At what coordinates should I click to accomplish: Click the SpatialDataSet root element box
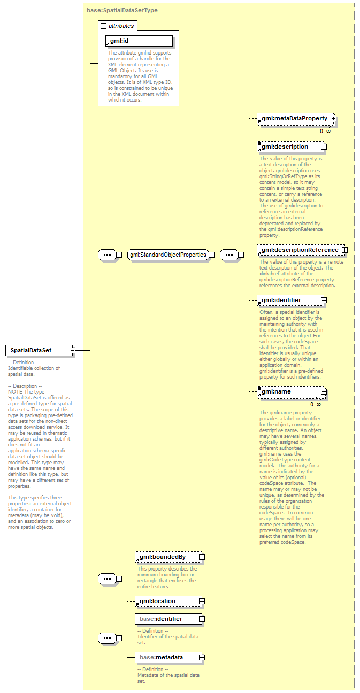36,351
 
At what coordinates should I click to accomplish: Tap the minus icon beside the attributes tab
104,25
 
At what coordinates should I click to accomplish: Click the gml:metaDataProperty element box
293,118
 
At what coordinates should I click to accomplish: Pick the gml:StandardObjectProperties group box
168,255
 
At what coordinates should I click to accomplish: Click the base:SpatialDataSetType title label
122,10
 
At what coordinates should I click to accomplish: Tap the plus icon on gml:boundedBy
202,557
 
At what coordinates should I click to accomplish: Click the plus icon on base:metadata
202,657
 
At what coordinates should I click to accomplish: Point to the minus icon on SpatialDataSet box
72,351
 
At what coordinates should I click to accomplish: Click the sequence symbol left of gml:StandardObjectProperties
108,255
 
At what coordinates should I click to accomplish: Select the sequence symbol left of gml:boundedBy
108,579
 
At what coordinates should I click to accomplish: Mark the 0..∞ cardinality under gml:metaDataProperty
325,131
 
